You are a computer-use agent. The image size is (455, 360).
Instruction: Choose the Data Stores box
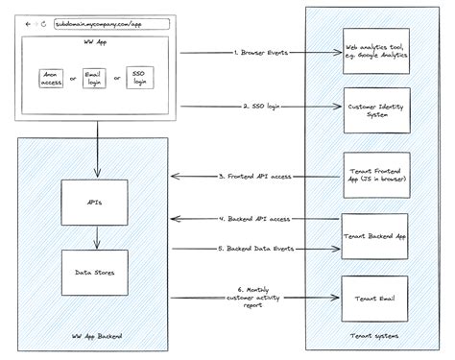pos(95,273)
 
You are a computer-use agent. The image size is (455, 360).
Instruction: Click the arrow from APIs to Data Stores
pos(95,238)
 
